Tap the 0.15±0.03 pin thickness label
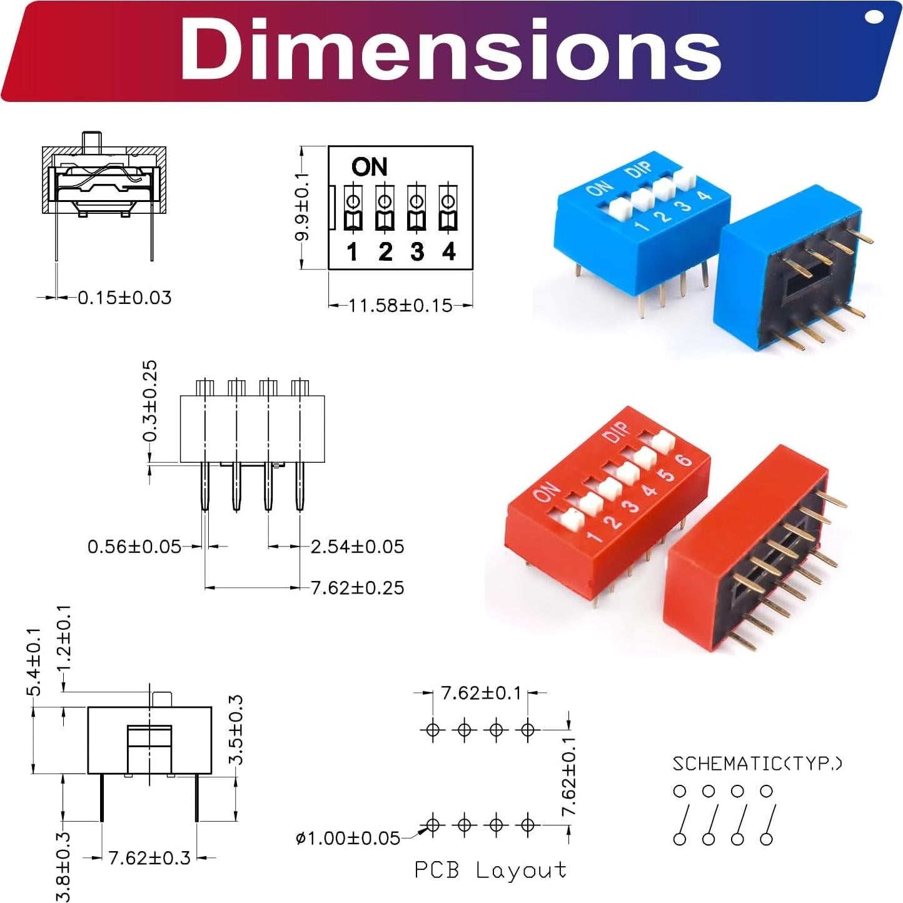[x=124, y=298]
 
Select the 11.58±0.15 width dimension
[x=400, y=306]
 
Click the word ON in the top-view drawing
[x=369, y=167]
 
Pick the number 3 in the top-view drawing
[x=417, y=252]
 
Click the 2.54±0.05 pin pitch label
[x=357, y=547]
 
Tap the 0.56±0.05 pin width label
[x=134, y=547]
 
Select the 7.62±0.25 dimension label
[x=357, y=588]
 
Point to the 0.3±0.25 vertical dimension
[x=150, y=401]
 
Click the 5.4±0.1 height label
[x=34, y=662]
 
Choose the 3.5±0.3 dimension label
[x=236, y=729]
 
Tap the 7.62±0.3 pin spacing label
[x=149, y=857]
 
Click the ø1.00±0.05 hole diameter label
[x=348, y=838]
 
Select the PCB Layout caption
[x=490, y=870]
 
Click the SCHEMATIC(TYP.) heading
[x=757, y=764]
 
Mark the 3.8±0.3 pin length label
[x=64, y=867]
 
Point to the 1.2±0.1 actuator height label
[x=64, y=638]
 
